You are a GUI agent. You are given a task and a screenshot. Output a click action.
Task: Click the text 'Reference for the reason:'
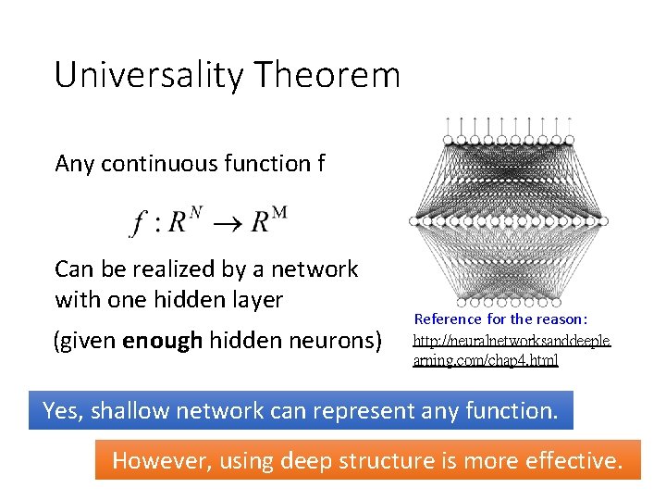(500, 319)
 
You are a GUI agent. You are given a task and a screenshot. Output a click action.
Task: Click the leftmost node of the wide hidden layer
(413, 221)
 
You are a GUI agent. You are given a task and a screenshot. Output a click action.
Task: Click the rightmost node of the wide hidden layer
(603, 221)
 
